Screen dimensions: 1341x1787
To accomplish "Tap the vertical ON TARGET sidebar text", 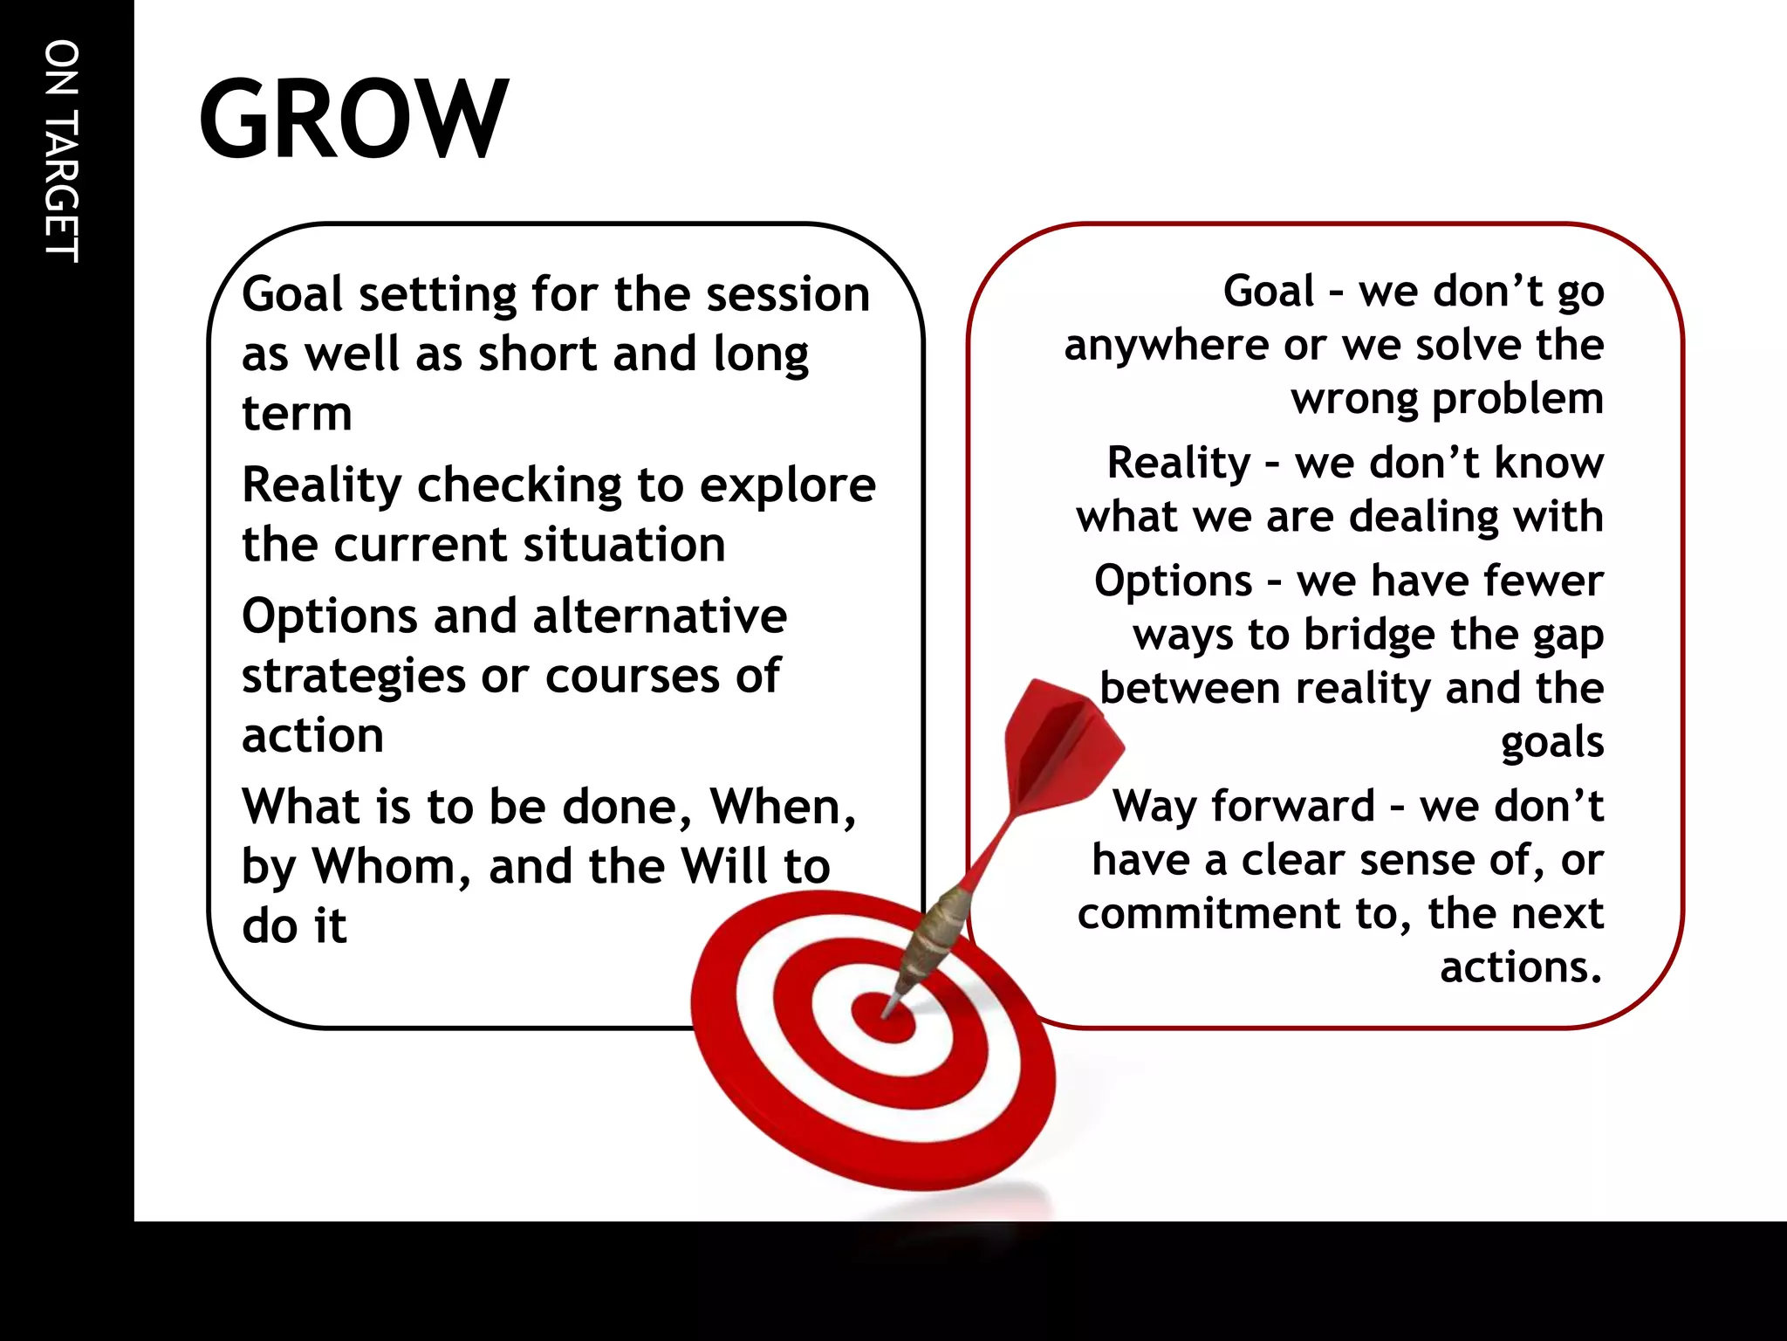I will pyautogui.click(x=62, y=151).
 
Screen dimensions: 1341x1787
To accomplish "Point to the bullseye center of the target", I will pyautogui.click(x=886, y=1018).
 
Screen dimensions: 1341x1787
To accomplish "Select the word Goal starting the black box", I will pyautogui.click(x=292, y=294).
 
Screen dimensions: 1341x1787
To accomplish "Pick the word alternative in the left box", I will pyautogui.click(x=660, y=616).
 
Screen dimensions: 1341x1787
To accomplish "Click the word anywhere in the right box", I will pyautogui.click(x=1165, y=346).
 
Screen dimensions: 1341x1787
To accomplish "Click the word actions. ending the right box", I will pyautogui.click(x=1521, y=967).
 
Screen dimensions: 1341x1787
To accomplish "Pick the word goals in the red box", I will pyautogui.click(x=1551, y=743).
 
